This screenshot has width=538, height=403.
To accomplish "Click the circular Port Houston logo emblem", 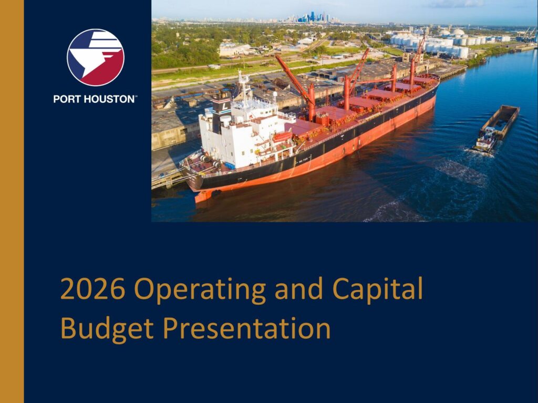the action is [x=96, y=57].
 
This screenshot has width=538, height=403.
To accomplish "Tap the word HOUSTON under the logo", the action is [x=109, y=99].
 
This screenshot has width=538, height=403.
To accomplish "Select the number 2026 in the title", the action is [x=92, y=288].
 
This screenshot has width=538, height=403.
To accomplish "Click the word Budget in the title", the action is [x=107, y=329].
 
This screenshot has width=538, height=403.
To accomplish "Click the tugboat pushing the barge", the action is [x=484, y=140].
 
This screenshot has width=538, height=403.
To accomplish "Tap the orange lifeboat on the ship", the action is [x=282, y=136].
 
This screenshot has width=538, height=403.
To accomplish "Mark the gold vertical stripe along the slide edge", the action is [x=12, y=202].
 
